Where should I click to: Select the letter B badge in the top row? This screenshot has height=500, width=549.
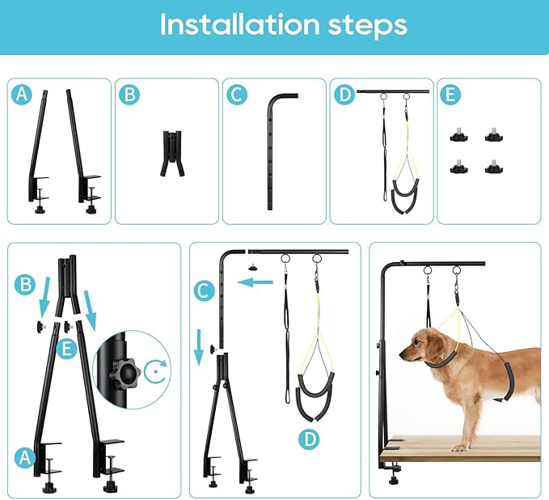pyautogui.click(x=129, y=95)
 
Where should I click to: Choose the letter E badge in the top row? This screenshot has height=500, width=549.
pyautogui.click(x=451, y=95)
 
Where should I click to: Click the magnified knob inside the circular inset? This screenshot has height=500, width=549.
pyautogui.click(x=121, y=374)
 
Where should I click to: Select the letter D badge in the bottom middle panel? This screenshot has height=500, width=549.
pyautogui.click(x=308, y=440)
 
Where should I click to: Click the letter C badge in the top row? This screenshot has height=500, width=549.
pyautogui.click(x=236, y=95)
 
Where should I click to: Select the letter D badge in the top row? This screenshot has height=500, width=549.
pyautogui.click(x=344, y=95)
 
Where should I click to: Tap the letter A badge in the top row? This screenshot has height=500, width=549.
pyautogui.click(x=23, y=95)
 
